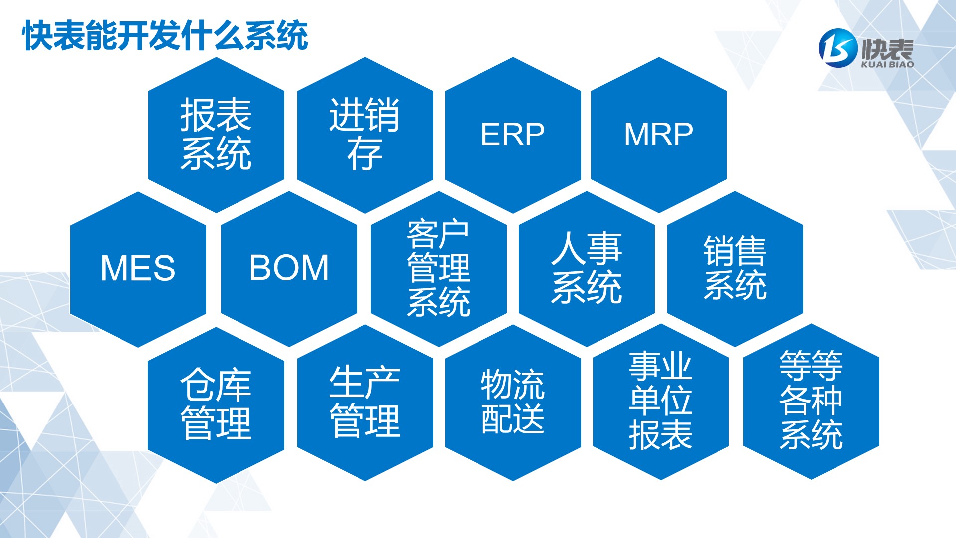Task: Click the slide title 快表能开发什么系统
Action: click(x=165, y=36)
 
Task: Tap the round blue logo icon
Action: click(x=838, y=48)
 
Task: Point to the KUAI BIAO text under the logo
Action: click(x=887, y=64)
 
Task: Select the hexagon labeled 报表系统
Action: click(x=216, y=135)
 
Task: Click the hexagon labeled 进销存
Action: click(x=365, y=135)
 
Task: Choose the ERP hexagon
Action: click(x=513, y=135)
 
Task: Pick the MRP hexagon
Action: click(x=659, y=135)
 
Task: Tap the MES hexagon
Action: click(x=138, y=269)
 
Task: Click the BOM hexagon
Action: click(x=289, y=269)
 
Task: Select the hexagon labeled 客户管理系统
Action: click(x=439, y=269)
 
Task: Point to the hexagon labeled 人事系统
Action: click(x=587, y=269)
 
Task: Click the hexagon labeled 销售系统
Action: click(x=735, y=269)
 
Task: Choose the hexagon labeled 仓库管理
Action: click(x=216, y=404)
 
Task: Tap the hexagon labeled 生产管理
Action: click(x=365, y=403)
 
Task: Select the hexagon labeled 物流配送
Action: click(x=513, y=403)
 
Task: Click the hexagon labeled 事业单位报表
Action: click(x=661, y=402)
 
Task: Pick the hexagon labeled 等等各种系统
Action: click(x=811, y=402)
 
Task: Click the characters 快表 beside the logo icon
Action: click(x=887, y=48)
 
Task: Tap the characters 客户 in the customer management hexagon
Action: click(x=438, y=234)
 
